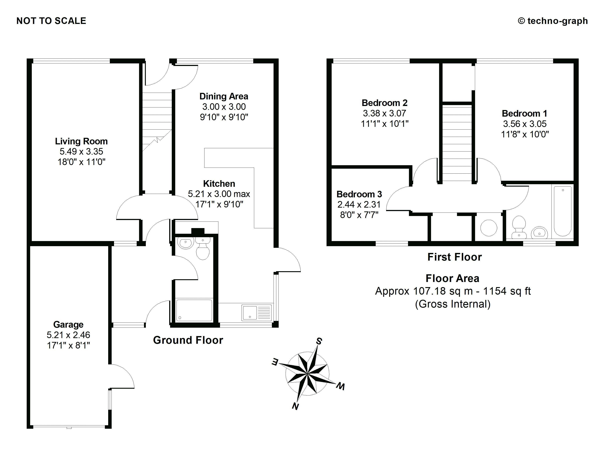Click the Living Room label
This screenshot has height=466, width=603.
click(81, 141)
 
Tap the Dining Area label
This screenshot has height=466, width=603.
click(224, 96)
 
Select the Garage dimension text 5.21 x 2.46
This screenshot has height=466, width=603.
click(68, 335)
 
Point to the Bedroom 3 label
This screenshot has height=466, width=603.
click(359, 194)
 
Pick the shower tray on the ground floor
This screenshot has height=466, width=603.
click(194, 310)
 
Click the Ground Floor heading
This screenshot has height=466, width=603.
click(188, 340)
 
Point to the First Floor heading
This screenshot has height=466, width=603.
click(454, 257)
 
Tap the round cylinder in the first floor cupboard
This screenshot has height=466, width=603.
click(489, 228)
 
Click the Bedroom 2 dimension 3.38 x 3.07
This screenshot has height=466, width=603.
click(384, 113)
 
